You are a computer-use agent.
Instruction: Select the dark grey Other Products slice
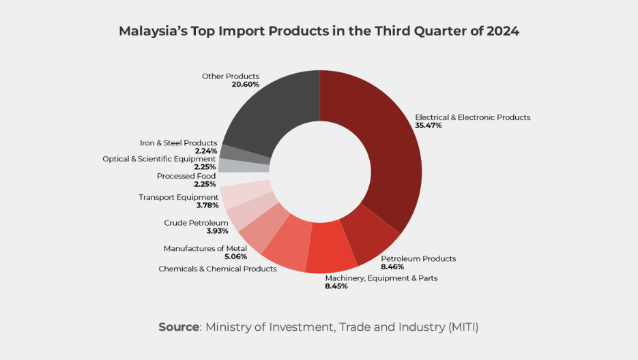click(273, 112)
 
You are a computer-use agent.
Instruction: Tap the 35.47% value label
click(429, 126)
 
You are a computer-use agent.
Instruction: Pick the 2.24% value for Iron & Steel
click(205, 151)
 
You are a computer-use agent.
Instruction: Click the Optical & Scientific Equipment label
click(159, 159)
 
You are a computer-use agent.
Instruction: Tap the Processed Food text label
click(186, 176)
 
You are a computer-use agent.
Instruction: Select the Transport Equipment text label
click(179, 198)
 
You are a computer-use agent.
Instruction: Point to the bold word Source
click(179, 327)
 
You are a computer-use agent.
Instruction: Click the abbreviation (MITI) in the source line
click(463, 327)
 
